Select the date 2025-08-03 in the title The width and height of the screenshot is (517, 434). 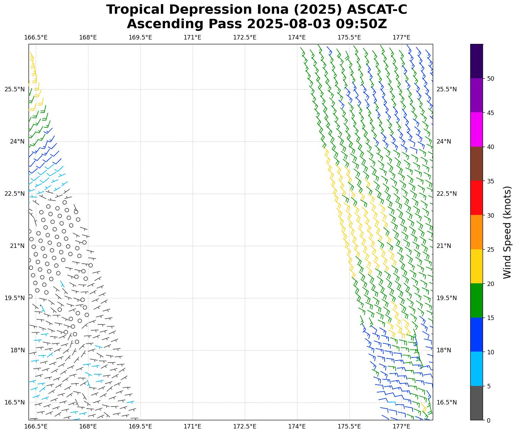pos(289,24)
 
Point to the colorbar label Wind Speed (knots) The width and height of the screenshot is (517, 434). pos(507,232)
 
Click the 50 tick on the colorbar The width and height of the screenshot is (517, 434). pos(491,79)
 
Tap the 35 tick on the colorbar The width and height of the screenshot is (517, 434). pos(491,181)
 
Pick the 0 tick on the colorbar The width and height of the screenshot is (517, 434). pos(489,420)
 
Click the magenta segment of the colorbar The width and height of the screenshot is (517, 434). pos(476,129)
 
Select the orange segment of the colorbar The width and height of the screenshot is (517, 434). pos(476,232)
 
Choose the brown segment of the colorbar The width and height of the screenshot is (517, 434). pos(476,164)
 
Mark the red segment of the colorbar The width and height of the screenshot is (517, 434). pos(476,198)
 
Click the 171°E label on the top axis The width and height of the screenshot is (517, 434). pos(192,37)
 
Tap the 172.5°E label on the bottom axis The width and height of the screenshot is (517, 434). pos(245,426)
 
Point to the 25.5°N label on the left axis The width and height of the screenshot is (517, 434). pos(14,89)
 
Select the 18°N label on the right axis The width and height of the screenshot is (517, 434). pos(444,350)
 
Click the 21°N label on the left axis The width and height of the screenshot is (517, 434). pos(17,246)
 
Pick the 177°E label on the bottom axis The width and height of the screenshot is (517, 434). pos(401,426)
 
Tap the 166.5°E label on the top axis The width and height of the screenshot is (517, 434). pos(36,37)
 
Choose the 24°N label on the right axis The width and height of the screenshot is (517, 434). pos(444,141)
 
